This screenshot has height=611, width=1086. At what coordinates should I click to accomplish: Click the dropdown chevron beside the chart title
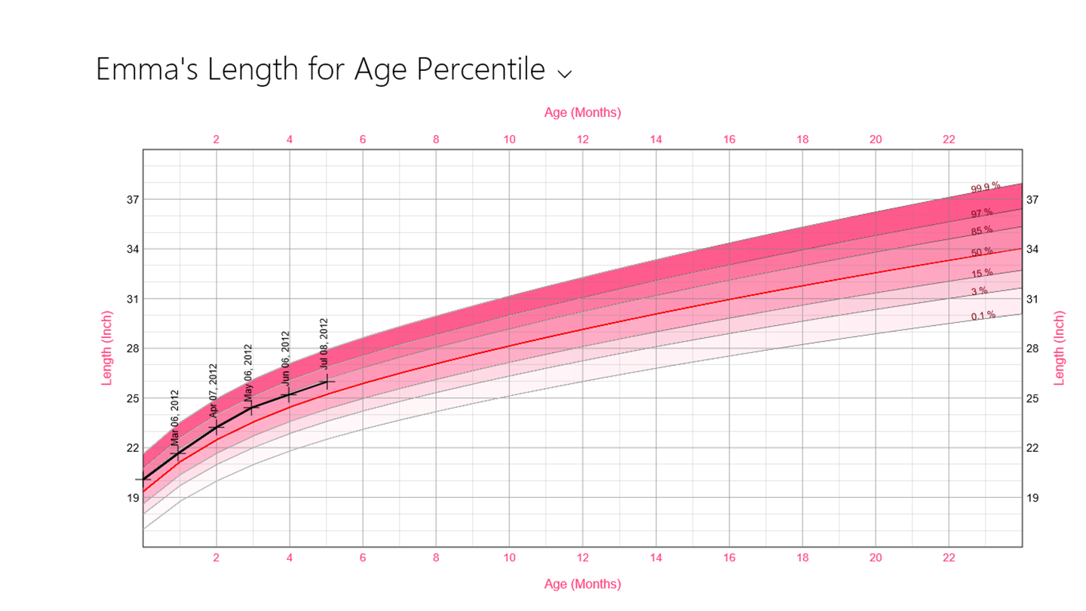pyautogui.click(x=564, y=73)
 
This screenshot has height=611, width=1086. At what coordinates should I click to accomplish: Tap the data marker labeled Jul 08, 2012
pyautogui.click(x=327, y=382)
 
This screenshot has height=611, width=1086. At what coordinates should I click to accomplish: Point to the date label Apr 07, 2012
pyautogui.click(x=213, y=391)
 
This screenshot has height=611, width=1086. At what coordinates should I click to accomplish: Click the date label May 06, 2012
pyautogui.click(x=248, y=370)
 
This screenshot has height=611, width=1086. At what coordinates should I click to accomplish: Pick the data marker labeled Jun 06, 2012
pyautogui.click(x=290, y=394)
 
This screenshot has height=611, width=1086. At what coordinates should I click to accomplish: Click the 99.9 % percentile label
pyautogui.click(x=986, y=187)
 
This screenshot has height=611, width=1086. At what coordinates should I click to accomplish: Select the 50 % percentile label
pyautogui.click(x=982, y=252)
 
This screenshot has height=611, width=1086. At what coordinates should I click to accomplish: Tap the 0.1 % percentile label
pyautogui.click(x=983, y=315)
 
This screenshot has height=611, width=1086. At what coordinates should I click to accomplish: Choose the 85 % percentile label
pyautogui.click(x=982, y=231)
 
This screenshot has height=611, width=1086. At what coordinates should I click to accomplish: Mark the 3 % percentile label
pyautogui.click(x=979, y=291)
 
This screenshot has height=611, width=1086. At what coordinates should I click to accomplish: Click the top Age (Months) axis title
pyautogui.click(x=582, y=112)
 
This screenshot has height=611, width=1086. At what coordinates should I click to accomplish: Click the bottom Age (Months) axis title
pyautogui.click(x=582, y=584)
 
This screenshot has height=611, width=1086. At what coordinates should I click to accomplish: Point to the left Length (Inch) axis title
pyautogui.click(x=106, y=348)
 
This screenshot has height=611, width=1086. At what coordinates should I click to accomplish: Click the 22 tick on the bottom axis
pyautogui.click(x=949, y=558)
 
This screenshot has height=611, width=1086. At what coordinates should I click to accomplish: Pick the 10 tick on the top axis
pyautogui.click(x=509, y=139)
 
